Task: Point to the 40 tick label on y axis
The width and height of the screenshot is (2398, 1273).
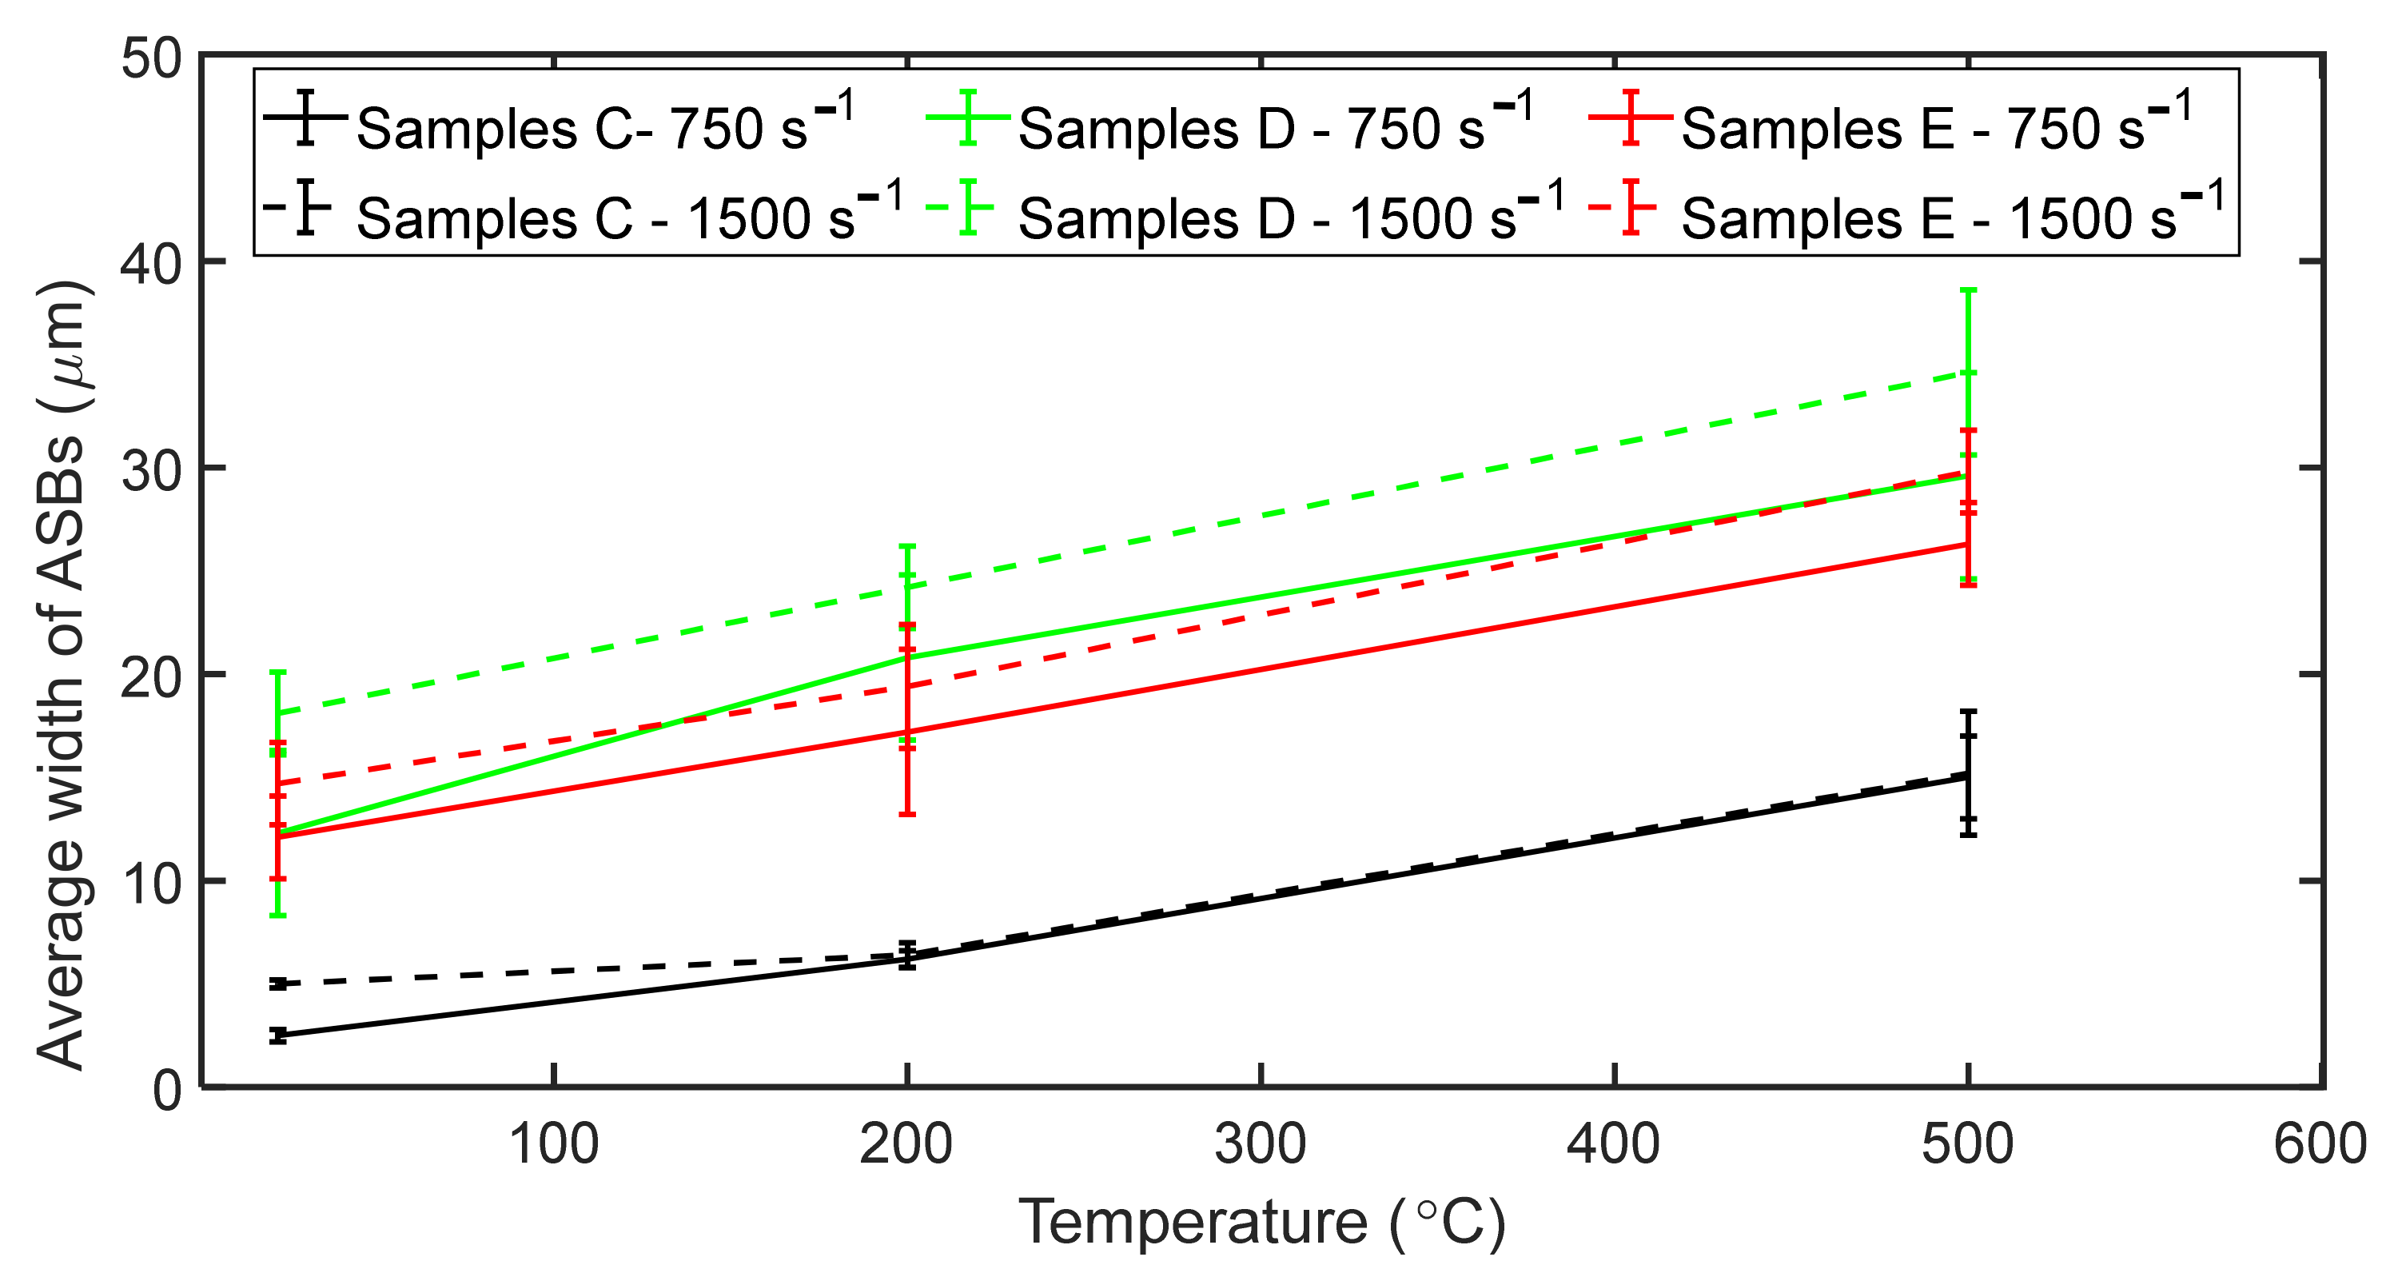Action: tap(152, 265)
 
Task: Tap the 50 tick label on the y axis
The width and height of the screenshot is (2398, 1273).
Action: tap(152, 58)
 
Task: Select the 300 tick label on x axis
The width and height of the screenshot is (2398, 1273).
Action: tap(1261, 1144)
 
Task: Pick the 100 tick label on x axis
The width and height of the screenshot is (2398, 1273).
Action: tap(554, 1144)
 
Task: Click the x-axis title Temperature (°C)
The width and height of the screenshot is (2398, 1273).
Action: tap(1261, 1222)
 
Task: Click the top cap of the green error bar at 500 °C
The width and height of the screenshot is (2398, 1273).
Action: tap(1968, 290)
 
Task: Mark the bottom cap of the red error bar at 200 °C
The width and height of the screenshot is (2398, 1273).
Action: tap(906, 815)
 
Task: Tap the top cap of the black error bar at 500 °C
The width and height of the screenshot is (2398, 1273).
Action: tap(1968, 712)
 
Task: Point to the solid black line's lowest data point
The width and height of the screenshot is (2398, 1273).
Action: tap(277, 1036)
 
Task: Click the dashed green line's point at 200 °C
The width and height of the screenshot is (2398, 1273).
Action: tap(906, 587)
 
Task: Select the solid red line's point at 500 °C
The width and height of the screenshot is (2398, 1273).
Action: tap(1968, 544)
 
